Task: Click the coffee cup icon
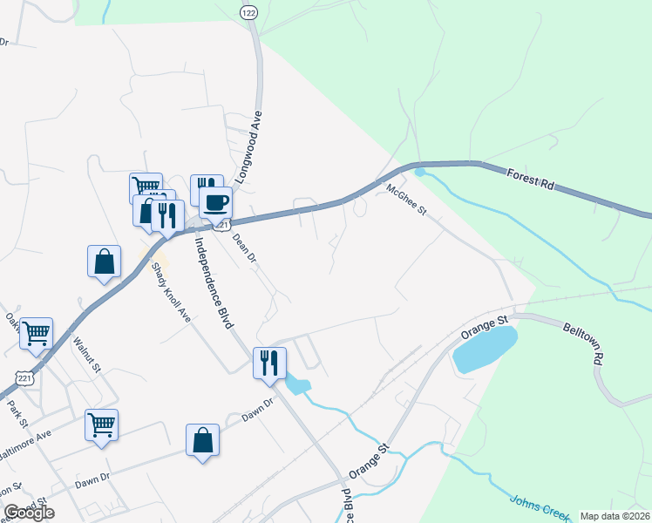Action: point(216,203)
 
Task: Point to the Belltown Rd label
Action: point(583,340)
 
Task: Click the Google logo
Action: point(29,513)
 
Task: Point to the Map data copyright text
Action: point(615,516)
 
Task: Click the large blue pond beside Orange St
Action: point(485,348)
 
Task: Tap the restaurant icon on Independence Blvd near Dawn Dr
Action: point(269,362)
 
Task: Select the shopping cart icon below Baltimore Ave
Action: point(101,425)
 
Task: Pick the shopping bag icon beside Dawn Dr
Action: point(202,439)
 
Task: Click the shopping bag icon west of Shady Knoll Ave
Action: point(104,261)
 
